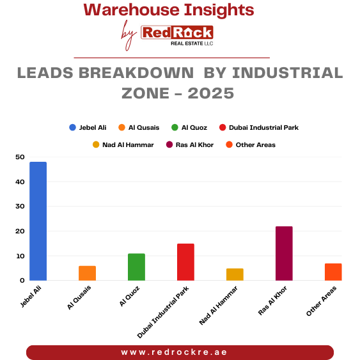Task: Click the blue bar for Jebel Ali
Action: pyautogui.click(x=38, y=221)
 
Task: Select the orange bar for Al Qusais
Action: pyautogui.click(x=87, y=273)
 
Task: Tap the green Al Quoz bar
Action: pyautogui.click(x=136, y=267)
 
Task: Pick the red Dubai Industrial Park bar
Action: pyautogui.click(x=185, y=262)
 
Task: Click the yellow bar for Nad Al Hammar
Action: pyautogui.click(x=235, y=274)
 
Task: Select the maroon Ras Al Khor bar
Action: pyautogui.click(x=284, y=253)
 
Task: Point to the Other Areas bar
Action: pyautogui.click(x=333, y=272)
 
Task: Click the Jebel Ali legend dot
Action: pyautogui.click(x=73, y=127)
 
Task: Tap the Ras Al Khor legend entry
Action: pyautogui.click(x=189, y=145)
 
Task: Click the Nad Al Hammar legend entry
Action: pyautogui.click(x=123, y=145)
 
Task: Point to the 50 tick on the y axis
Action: pyautogui.click(x=20, y=157)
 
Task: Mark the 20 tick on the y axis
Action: pyautogui.click(x=20, y=231)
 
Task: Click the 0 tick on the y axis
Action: pyautogui.click(x=22, y=281)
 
